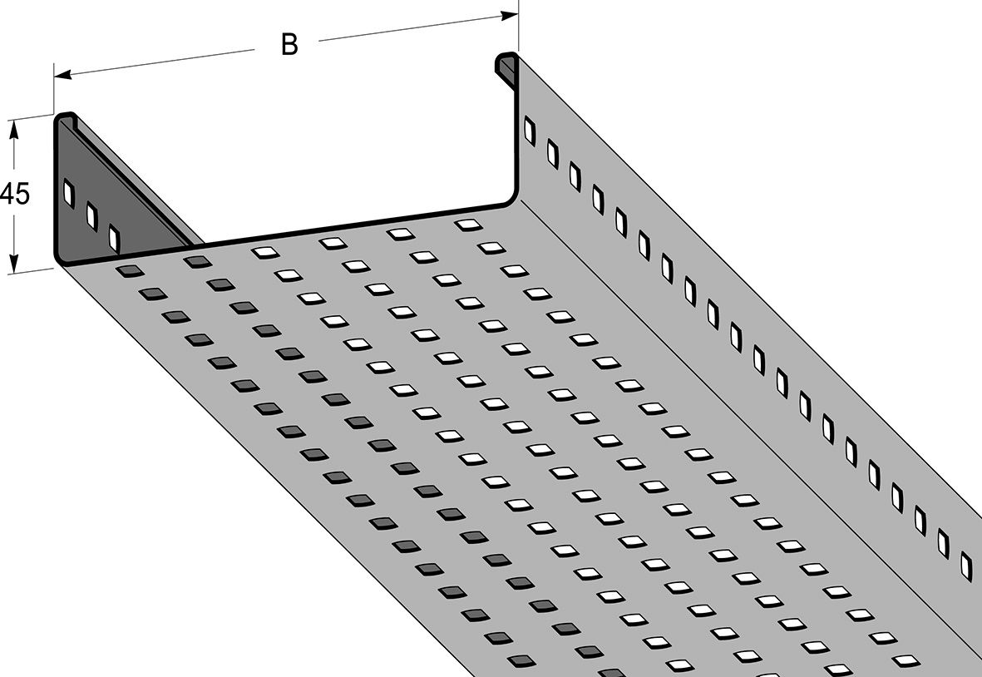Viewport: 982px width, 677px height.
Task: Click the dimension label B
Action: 289,44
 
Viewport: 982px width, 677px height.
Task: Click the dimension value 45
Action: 14,194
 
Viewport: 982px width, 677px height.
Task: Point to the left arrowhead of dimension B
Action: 62,75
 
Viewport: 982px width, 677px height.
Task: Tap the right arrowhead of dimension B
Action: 509,15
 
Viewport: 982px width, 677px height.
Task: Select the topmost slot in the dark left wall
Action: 69,192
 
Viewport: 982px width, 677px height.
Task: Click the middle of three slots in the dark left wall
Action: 91,215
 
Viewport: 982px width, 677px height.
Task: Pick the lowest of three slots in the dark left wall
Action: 114,238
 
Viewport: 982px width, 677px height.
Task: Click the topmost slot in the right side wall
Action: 530,131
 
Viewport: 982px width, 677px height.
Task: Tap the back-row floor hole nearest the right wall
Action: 468,225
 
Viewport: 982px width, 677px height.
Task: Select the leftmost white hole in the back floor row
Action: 265,252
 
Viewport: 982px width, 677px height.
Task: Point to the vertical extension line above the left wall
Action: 54,88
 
